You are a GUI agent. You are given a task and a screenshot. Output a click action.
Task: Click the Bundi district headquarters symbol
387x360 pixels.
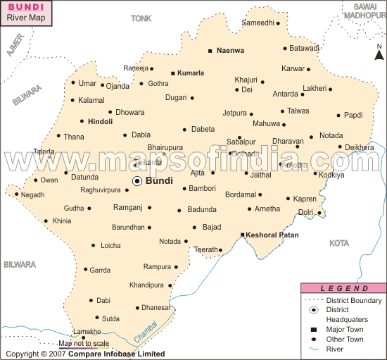pos(137,181)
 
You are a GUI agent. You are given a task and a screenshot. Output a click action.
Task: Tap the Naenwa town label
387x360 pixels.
pos(230,51)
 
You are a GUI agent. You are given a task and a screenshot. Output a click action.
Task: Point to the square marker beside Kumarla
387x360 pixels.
pos(173,73)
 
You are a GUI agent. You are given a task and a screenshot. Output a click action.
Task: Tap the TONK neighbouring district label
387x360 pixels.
pos(141,18)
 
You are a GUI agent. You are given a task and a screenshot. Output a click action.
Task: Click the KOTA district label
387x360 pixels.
pos(339,243)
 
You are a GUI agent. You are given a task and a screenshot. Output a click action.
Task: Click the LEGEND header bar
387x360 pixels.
pos(343,288)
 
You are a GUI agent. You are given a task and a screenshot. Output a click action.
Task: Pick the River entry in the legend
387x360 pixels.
pos(335,348)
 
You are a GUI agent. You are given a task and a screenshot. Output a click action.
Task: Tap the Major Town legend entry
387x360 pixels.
pos(344,329)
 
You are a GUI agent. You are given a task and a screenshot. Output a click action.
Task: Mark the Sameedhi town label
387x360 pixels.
pos(258,23)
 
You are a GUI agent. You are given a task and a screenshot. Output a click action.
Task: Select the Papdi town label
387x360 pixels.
pos(353,115)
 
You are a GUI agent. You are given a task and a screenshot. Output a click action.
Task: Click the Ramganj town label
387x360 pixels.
pos(127,207)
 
